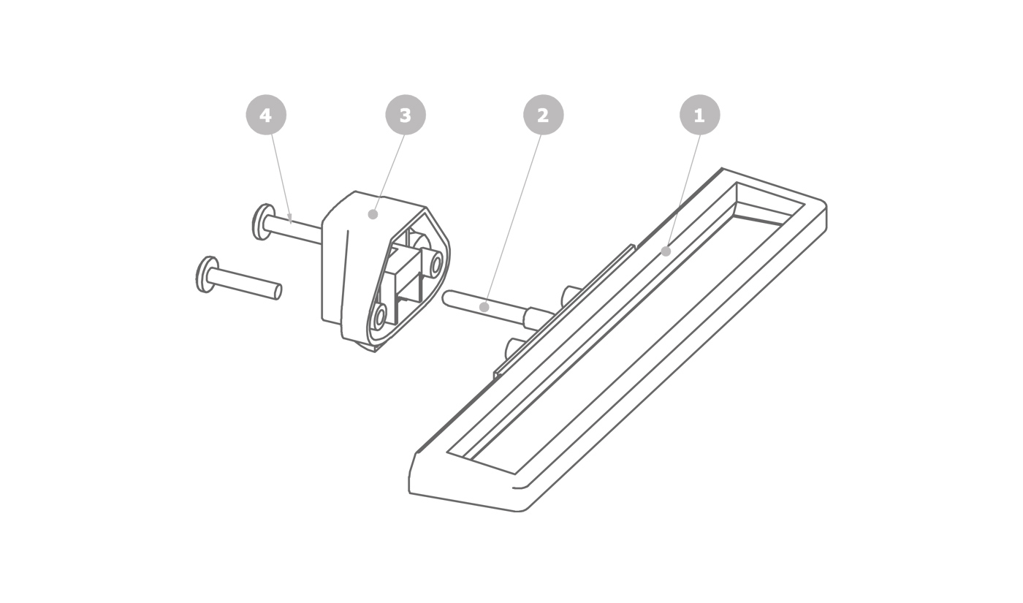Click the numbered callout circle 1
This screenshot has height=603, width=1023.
[x=700, y=115]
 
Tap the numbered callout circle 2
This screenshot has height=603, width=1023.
[x=543, y=115]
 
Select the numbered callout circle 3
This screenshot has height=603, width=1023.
[x=406, y=115]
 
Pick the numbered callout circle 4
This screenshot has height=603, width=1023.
[x=266, y=115]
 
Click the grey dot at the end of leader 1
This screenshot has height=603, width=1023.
[x=666, y=251]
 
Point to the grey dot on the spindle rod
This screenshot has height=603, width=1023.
[x=484, y=308]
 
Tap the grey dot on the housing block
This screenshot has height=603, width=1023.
[x=373, y=214]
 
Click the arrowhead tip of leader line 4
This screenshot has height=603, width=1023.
[x=291, y=224]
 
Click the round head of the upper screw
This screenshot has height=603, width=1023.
[x=262, y=222]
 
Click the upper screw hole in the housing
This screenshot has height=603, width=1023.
[x=436, y=264]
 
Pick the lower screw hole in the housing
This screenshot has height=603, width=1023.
[x=379, y=316]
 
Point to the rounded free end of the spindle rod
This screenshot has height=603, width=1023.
[x=446, y=298]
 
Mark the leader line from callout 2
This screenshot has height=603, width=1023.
[x=513, y=219]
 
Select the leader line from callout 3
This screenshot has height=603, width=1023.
[x=389, y=174]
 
